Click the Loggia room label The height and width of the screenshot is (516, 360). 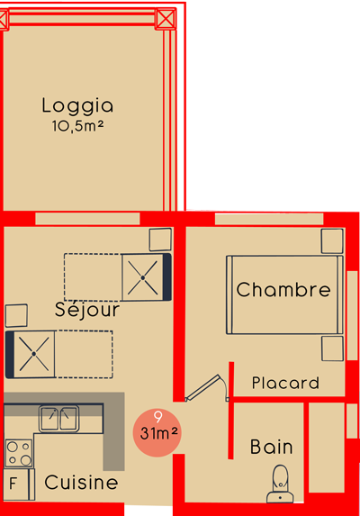click(77, 106)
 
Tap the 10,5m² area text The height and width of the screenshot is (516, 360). click(77, 126)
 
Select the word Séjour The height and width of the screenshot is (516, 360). click(86, 310)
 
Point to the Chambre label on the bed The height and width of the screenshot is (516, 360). click(283, 290)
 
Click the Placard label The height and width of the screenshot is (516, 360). click(285, 383)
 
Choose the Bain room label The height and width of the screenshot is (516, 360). click(271, 447)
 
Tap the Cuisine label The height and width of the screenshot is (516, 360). click(81, 483)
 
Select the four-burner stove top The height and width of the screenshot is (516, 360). click(19, 453)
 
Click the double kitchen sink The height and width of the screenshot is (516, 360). click(58, 419)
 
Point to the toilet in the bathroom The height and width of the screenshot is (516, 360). click(280, 484)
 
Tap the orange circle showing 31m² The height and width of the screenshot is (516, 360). click(157, 433)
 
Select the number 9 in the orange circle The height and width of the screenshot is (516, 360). click(158, 417)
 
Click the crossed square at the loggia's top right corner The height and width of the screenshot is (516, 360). click(166, 19)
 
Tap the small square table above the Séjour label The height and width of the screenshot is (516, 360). click(160, 240)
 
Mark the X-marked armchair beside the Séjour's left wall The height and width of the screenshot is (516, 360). click(31, 355)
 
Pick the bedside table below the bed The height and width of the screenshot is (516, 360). click(332, 349)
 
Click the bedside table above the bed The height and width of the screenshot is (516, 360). click(332, 240)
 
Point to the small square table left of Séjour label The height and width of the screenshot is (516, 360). click(16, 315)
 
